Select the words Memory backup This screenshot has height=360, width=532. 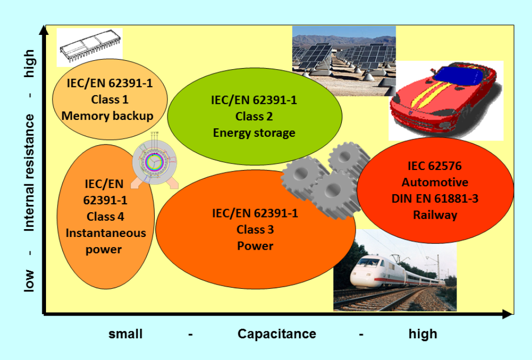coord(109,116)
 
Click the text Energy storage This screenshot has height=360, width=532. coord(254,132)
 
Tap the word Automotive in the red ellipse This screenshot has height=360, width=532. coord(435,183)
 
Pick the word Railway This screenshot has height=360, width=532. coord(435,215)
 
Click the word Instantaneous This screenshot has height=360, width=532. coord(106,233)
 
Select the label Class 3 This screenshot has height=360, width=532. coord(255,230)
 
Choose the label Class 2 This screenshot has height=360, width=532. coord(254,116)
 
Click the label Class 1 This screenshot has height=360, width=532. coord(110,99)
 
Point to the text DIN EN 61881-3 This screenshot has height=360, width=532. coord(435,199)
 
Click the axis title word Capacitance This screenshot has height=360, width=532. coord(277,334)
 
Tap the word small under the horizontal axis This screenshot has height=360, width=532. coord(126,334)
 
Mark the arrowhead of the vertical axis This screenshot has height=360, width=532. coord(45,30)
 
